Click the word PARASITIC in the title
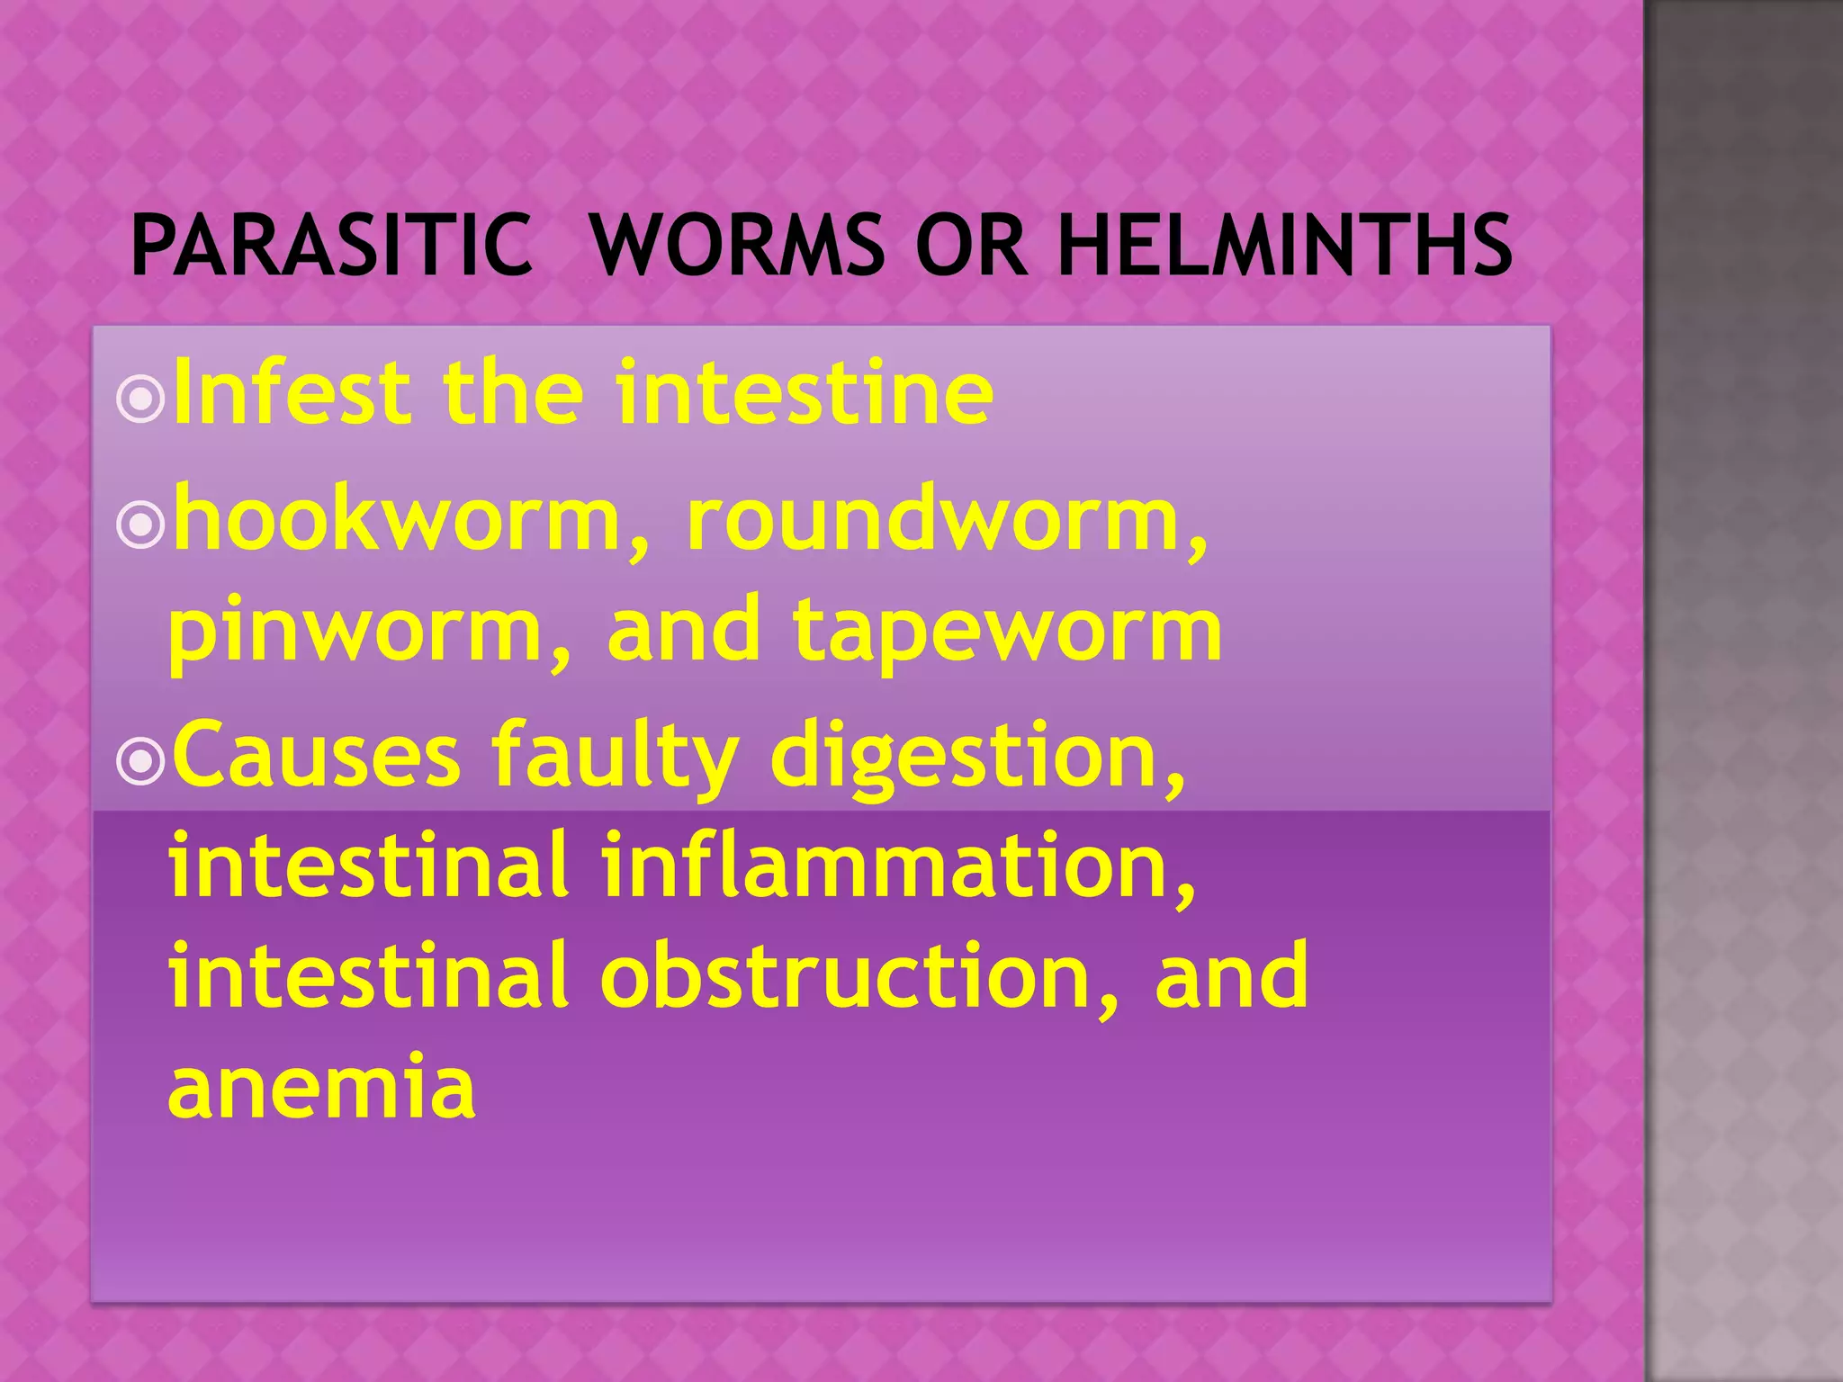pos(331,245)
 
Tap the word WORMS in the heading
pos(737,245)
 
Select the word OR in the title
pos(971,245)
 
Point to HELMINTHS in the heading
pos(1285,245)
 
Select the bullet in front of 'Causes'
pos(141,760)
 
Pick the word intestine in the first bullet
pos(805,392)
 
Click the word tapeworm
pos(1007,633)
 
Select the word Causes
pos(316,756)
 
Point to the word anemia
pos(321,1087)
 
